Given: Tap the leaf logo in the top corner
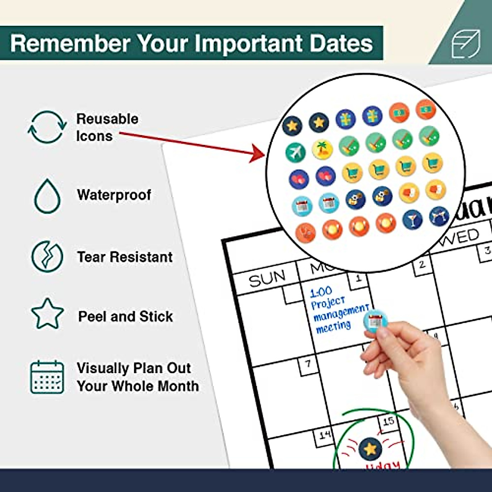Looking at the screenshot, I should pyautogui.click(x=465, y=43).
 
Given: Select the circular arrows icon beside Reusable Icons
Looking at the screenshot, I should pyautogui.click(x=47, y=127).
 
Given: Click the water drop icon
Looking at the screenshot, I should pyautogui.click(x=47, y=196).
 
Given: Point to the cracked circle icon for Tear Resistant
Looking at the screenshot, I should pyautogui.click(x=48, y=257).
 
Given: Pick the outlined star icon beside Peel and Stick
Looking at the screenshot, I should pyautogui.click(x=48, y=314).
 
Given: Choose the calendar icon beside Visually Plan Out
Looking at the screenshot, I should pyautogui.click(x=47, y=377).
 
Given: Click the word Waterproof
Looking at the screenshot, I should pyautogui.click(x=114, y=195).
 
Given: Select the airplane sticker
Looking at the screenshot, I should pyautogui.click(x=296, y=152).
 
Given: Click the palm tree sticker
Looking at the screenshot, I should pyautogui.click(x=322, y=149).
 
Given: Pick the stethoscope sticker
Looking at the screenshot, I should pyautogui.click(x=305, y=232).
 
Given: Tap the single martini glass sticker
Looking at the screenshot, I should pyautogui.click(x=412, y=219).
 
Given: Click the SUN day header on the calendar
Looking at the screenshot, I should pyautogui.click(x=267, y=279).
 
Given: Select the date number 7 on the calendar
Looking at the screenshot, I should pyautogui.click(x=308, y=364).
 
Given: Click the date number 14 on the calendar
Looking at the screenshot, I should pyautogui.click(x=324, y=435).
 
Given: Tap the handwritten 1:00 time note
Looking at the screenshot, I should pyautogui.click(x=321, y=292).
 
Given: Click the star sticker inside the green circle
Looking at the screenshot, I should pyautogui.click(x=370, y=448).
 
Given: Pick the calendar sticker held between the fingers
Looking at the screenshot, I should pyautogui.click(x=375, y=321).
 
